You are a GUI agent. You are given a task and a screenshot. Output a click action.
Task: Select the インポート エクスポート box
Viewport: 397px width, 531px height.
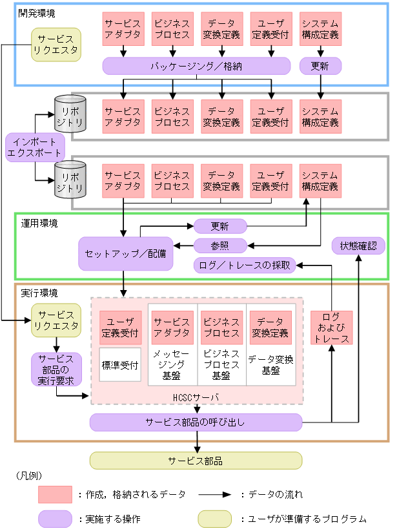point(35,147)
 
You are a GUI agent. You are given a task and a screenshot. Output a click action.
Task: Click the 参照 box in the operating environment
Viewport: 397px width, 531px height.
point(220,245)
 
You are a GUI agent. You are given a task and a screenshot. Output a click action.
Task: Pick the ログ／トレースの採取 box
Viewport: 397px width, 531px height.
point(245,265)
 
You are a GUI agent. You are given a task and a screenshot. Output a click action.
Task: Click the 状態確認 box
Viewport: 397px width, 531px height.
point(358,245)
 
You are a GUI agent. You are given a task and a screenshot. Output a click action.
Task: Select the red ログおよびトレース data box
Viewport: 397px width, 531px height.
point(331,328)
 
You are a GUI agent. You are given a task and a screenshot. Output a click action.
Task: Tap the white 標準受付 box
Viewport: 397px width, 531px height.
point(120,365)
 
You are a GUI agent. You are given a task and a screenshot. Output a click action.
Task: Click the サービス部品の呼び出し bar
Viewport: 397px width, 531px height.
point(196,422)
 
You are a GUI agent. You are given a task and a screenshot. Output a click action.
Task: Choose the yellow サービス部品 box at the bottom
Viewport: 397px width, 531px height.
point(196,461)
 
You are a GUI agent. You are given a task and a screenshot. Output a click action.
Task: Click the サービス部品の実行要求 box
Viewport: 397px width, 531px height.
point(56,369)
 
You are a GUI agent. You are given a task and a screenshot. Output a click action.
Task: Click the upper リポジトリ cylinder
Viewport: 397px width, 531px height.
point(68,112)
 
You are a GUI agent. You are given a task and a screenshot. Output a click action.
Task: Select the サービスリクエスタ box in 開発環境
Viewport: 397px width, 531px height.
point(56,44)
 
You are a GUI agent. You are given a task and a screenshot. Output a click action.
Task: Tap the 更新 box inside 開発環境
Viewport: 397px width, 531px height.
point(320,65)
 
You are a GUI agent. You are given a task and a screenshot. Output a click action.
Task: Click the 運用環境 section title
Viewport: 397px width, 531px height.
point(39,224)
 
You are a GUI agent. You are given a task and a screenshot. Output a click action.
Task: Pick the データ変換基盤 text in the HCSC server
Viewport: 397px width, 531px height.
point(270,365)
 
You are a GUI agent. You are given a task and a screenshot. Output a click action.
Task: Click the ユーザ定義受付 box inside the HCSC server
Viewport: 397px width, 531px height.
point(120,328)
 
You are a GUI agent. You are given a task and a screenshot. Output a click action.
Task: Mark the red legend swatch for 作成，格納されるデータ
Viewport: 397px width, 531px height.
point(54,494)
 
